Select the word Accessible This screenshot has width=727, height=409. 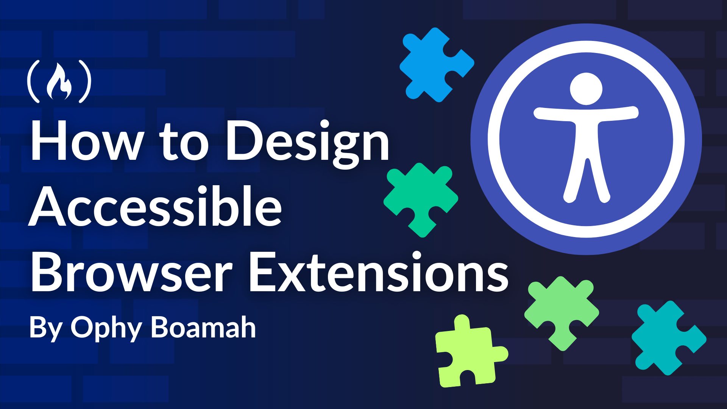155,206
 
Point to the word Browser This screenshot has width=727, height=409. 131,272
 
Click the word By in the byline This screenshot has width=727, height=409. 46,328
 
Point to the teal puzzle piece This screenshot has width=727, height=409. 668,338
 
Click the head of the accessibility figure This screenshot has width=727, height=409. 586,89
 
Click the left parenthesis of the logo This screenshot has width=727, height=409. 33,81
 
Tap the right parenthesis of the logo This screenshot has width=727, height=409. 85,81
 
